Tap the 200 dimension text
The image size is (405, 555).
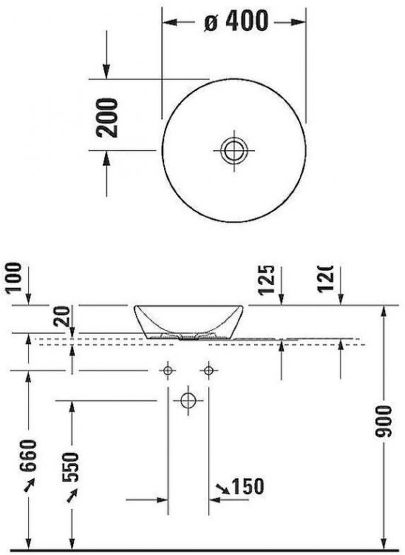(108, 116)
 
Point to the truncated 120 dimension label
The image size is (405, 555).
(325, 278)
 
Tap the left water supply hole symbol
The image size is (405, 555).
(169, 369)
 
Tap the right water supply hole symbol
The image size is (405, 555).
(210, 369)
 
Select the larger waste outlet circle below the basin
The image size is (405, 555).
(188, 400)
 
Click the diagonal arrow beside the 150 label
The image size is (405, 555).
(222, 488)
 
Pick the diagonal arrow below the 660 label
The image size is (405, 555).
(29, 488)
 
